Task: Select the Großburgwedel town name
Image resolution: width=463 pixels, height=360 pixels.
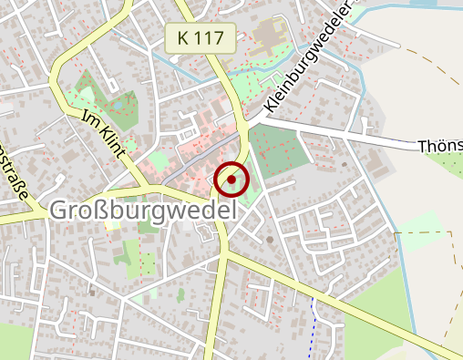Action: click(140, 210)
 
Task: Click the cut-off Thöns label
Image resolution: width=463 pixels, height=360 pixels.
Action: click(439, 146)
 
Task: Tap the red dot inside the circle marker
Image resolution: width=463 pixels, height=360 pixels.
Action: click(231, 180)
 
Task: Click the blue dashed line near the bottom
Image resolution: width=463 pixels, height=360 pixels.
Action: click(313, 319)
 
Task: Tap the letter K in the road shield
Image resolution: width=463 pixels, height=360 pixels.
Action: click(184, 39)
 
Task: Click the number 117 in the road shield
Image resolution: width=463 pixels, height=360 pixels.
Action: click(209, 39)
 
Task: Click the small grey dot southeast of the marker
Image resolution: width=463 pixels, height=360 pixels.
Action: click(270, 240)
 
